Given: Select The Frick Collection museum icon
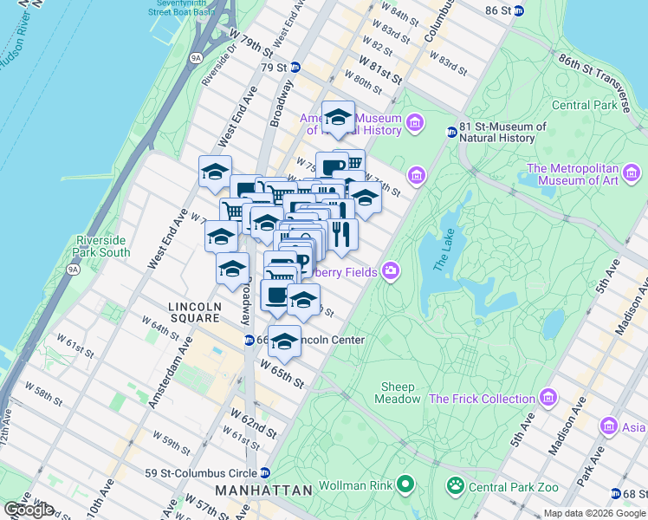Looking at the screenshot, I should [548, 399].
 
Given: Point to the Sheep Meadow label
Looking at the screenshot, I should [398, 393].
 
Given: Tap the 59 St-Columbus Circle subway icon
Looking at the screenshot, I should [265, 473].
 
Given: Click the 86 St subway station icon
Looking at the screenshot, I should [518, 10].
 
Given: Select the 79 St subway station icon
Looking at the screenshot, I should [295, 68].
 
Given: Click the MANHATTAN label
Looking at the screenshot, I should [263, 491].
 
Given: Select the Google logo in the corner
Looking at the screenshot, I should [28, 510].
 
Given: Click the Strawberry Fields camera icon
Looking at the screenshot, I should [391, 272].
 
